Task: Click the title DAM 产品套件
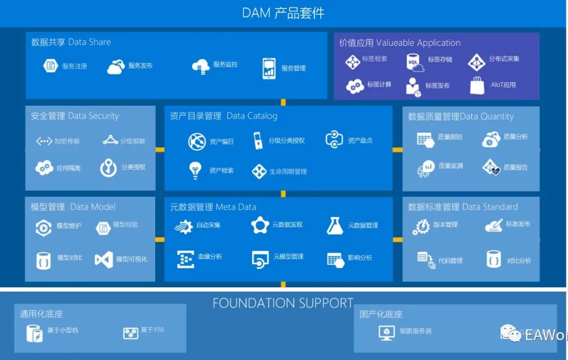pyautogui.click(x=283, y=13)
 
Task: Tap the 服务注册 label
pyautogui.click(x=75, y=66)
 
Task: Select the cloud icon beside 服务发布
pyautogui.click(x=116, y=67)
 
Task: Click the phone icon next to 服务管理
pyautogui.click(x=269, y=68)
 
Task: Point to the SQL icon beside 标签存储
pyautogui.click(x=415, y=62)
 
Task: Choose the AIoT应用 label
pyautogui.click(x=503, y=85)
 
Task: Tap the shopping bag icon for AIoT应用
pyautogui.click(x=477, y=85)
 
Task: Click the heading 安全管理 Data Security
pyautogui.click(x=75, y=116)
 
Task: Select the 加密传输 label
pyautogui.click(x=67, y=141)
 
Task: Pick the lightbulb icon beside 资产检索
pyautogui.click(x=195, y=171)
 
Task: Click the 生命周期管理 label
pyautogui.click(x=288, y=172)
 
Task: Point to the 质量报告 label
pyautogui.click(x=515, y=167)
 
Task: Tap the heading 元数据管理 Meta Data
pyautogui.click(x=213, y=207)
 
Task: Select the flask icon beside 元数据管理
pyautogui.click(x=334, y=225)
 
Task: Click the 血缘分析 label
pyautogui.click(x=210, y=257)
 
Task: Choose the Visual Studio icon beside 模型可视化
pyautogui.click(x=104, y=259)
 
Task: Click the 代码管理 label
pyautogui.click(x=451, y=261)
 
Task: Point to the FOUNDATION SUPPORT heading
pyautogui.click(x=283, y=303)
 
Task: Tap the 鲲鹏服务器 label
pyautogui.click(x=415, y=331)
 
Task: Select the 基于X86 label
pyautogui.click(x=153, y=330)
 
